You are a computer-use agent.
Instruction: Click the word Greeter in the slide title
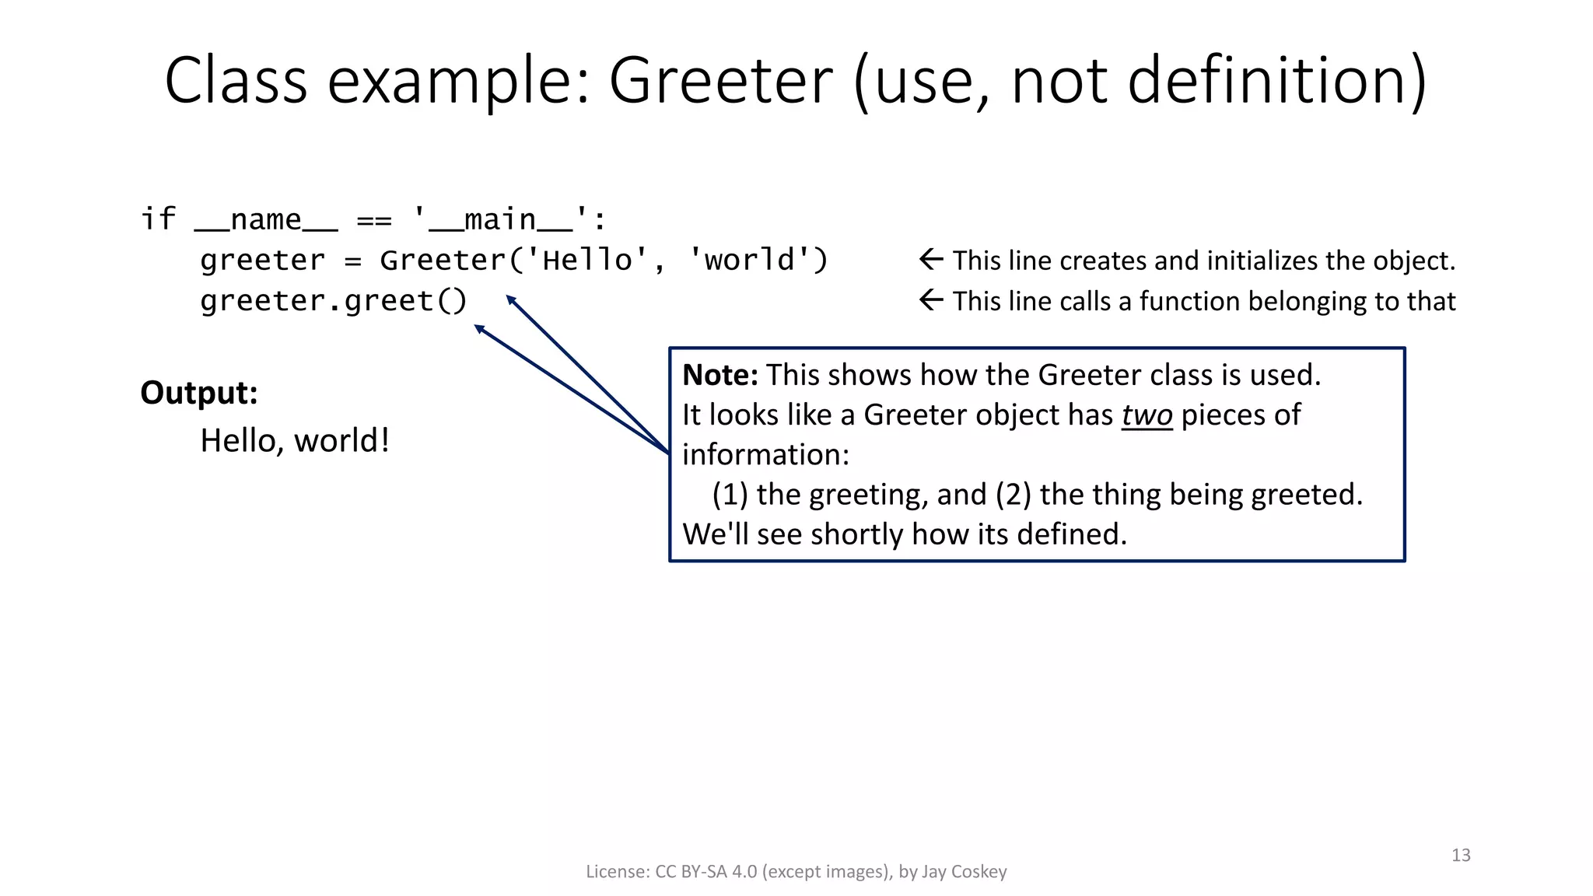point(720,81)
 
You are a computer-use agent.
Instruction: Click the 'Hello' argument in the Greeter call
point(587,260)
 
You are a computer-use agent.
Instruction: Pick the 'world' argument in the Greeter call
point(749,260)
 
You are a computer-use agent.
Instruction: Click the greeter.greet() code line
point(333,301)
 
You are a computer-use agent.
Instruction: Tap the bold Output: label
point(198,393)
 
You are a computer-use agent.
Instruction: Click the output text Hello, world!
point(295,440)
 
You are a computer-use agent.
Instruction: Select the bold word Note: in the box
point(719,375)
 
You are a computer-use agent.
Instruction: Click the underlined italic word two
point(1147,415)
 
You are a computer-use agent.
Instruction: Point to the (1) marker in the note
point(730,495)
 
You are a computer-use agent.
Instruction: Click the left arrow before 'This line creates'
point(931,260)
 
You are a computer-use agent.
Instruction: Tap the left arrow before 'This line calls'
point(931,300)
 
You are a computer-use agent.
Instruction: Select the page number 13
point(1461,856)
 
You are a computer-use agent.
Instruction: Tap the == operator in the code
point(374,220)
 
